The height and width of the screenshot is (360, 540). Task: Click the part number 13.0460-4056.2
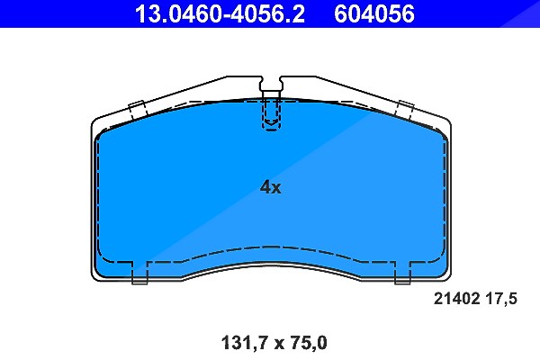point(220,13)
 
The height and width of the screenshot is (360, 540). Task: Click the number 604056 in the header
point(374,13)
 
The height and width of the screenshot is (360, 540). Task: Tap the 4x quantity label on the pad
point(270,187)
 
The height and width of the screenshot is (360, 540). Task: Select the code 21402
point(456,298)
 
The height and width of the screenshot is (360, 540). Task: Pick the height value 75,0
point(304,343)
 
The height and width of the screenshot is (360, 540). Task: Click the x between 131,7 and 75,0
point(276,344)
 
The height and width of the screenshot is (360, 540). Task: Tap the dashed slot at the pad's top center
point(272,113)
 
